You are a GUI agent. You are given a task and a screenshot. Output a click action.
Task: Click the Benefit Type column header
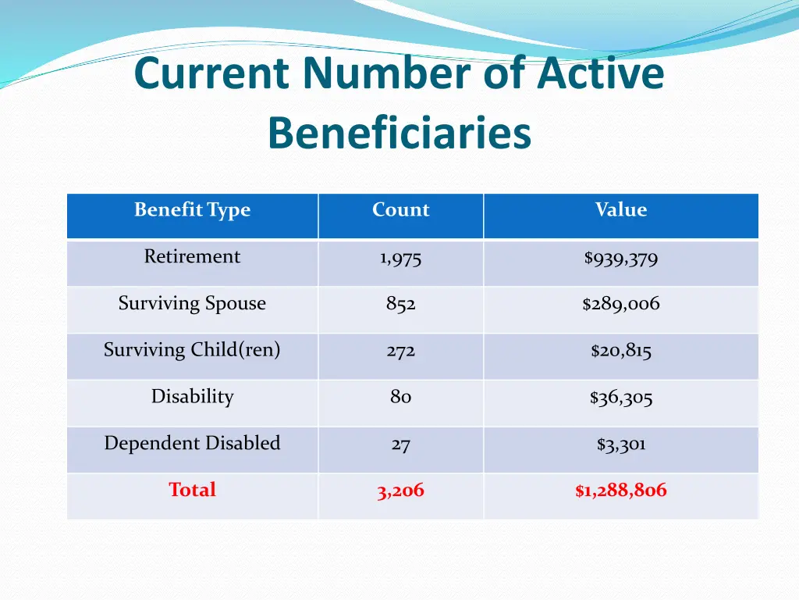tap(192, 210)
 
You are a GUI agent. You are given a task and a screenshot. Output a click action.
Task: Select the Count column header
tap(400, 210)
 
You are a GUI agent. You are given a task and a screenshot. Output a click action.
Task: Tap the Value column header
tap(620, 210)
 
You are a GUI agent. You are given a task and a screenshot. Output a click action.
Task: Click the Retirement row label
tap(192, 257)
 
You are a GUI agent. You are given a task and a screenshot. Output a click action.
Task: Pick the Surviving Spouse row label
tap(192, 304)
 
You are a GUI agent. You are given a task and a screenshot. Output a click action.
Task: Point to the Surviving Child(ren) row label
tap(192, 350)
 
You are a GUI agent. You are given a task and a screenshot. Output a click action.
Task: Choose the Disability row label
tap(192, 397)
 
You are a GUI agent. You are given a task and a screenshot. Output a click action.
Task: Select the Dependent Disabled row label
tap(192, 444)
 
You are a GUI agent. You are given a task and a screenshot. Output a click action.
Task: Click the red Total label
tap(192, 491)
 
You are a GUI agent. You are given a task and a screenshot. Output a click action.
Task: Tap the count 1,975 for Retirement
tap(400, 259)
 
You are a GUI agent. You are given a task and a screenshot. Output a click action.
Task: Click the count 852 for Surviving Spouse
tap(400, 305)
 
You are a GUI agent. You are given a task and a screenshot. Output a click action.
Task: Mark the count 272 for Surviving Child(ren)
tap(400, 352)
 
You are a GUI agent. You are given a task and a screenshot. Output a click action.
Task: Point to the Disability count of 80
tap(400, 398)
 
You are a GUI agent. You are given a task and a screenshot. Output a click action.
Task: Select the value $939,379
tap(620, 259)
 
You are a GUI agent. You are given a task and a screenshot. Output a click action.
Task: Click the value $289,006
tap(620, 305)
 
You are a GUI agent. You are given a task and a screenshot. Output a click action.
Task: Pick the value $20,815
tap(620, 352)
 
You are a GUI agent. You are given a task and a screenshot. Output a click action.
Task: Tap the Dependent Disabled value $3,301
tap(620, 445)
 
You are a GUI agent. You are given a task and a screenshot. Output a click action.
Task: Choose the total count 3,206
tap(400, 491)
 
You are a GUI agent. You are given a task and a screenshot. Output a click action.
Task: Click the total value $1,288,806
tap(620, 491)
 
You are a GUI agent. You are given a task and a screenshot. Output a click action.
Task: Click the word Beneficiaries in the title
tap(399, 133)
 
